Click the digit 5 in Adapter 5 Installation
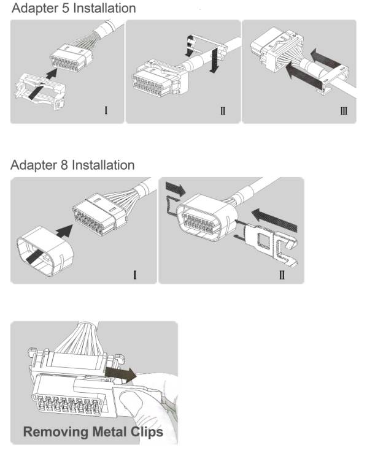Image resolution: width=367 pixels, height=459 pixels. coord(66,8)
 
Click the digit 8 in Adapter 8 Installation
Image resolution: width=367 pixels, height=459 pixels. coord(64,165)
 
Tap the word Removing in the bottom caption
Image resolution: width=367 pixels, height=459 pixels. coord(55,432)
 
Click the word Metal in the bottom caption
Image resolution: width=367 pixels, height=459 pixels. coord(110,432)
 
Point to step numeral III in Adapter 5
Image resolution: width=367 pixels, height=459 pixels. coord(344,111)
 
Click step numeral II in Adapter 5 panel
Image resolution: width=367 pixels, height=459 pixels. coord(223,111)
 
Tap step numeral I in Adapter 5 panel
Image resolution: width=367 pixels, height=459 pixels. coord(106,110)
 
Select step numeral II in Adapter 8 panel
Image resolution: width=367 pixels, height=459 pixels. coord(282,275)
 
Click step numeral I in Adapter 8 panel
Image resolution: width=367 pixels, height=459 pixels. coord(135,275)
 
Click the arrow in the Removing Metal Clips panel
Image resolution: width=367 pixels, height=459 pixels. coord(120,374)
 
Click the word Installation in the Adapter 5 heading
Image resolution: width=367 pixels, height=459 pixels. coord(104,8)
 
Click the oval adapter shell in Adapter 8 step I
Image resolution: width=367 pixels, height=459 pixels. coord(45,251)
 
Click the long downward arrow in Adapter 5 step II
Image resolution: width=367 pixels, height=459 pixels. coord(215,59)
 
